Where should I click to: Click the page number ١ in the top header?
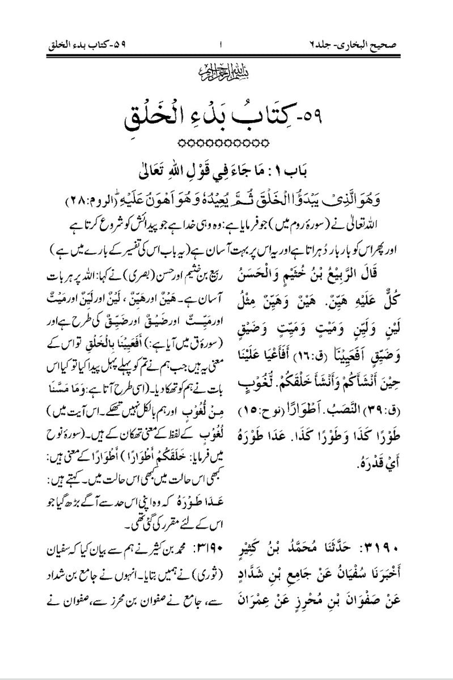pyautogui.click(x=221, y=44)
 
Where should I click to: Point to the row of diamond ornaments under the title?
pyautogui.click(x=226, y=142)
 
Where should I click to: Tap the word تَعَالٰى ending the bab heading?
pyautogui.click(x=163, y=169)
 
